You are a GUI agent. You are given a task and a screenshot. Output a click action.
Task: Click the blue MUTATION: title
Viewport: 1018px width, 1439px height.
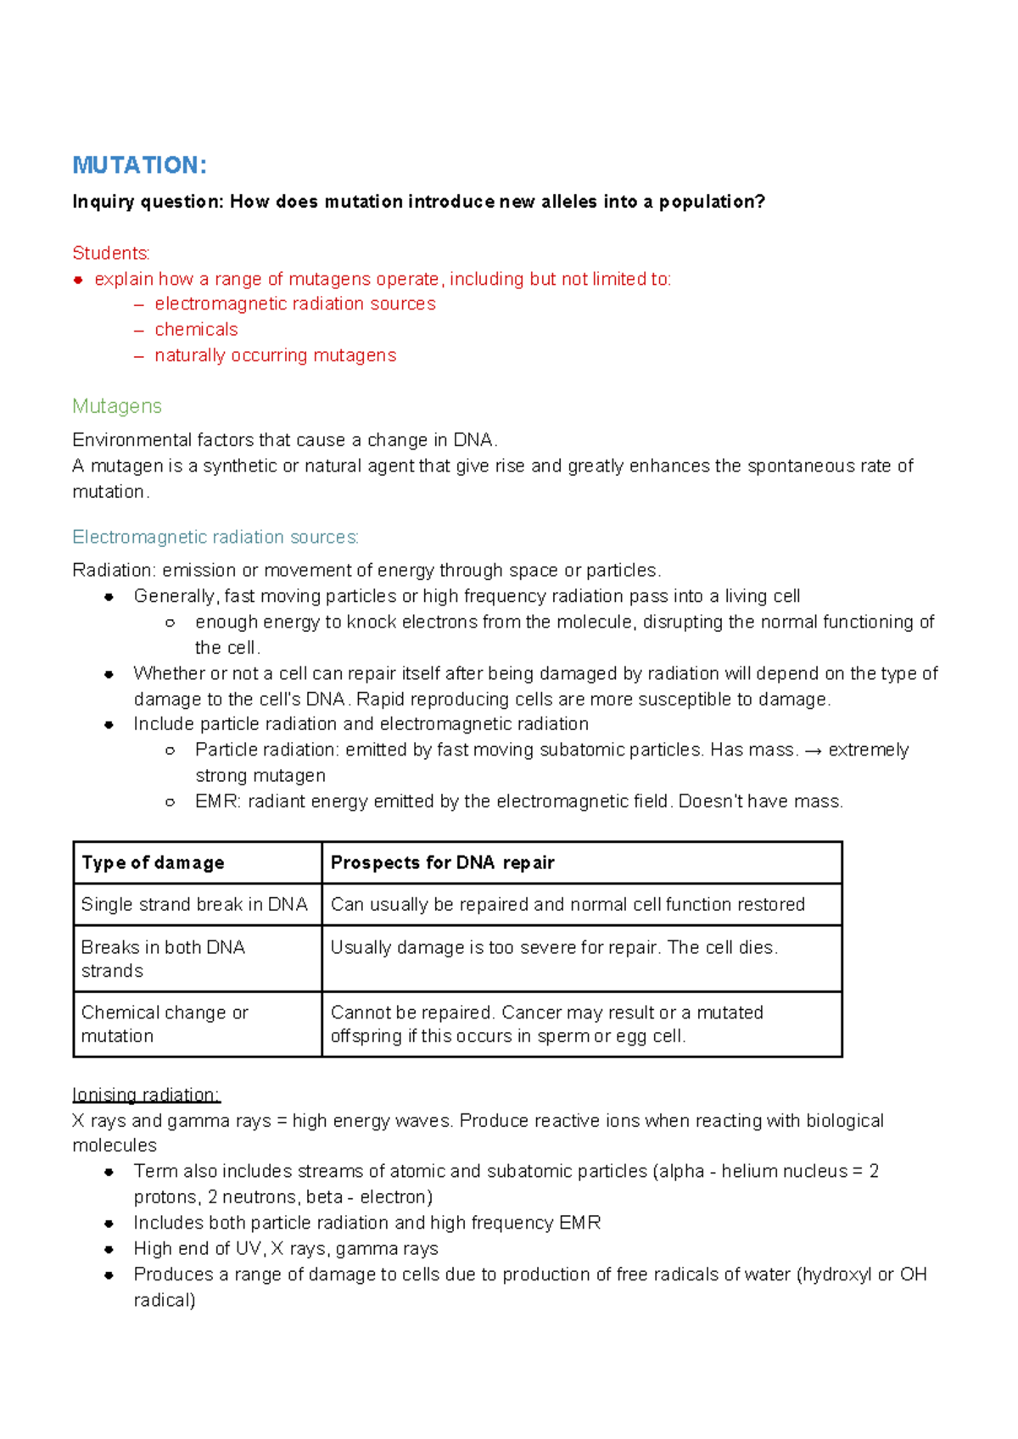pyautogui.click(x=139, y=165)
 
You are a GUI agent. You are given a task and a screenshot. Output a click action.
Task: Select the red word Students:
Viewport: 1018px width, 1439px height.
pyautogui.click(x=111, y=253)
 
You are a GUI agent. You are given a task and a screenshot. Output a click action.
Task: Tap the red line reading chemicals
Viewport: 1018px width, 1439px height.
pyautogui.click(x=196, y=329)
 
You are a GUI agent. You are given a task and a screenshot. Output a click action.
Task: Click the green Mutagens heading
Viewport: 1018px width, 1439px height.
pyautogui.click(x=117, y=406)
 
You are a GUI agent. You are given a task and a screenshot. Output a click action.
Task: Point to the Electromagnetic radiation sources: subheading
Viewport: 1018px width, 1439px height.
pyautogui.click(x=215, y=537)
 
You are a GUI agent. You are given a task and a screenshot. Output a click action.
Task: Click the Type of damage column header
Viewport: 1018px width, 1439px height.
pyautogui.click(x=153, y=862)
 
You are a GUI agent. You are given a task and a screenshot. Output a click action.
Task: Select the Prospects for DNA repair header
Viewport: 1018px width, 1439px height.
pyautogui.click(x=442, y=862)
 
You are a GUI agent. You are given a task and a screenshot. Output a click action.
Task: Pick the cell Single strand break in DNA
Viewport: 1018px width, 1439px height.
pyautogui.click(x=194, y=904)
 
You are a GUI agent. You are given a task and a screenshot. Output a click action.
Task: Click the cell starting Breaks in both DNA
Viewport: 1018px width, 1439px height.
pyautogui.click(x=163, y=958)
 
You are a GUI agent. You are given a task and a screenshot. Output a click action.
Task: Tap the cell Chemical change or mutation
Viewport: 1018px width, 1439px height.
pyautogui.click(x=165, y=1023)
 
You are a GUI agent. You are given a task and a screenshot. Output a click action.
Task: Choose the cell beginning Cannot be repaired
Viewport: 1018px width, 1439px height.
pyautogui.click(x=546, y=1023)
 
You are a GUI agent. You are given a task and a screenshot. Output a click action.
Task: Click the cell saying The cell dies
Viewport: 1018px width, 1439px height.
pyautogui.click(x=553, y=947)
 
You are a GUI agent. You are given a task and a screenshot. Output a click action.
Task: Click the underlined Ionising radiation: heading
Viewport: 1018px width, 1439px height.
pyautogui.click(x=146, y=1095)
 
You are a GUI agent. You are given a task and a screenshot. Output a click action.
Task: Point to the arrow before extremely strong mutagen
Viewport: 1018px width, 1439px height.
pyautogui.click(x=813, y=750)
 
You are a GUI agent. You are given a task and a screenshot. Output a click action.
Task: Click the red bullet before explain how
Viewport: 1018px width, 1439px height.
pyautogui.click(x=78, y=279)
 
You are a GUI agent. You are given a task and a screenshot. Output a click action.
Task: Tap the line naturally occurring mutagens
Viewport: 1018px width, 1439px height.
pyautogui.click(x=275, y=355)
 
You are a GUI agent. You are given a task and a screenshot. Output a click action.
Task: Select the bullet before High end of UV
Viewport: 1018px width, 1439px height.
pyautogui.click(x=109, y=1249)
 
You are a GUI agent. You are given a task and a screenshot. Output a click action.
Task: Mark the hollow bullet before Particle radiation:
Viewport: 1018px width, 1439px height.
pyautogui.click(x=171, y=750)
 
